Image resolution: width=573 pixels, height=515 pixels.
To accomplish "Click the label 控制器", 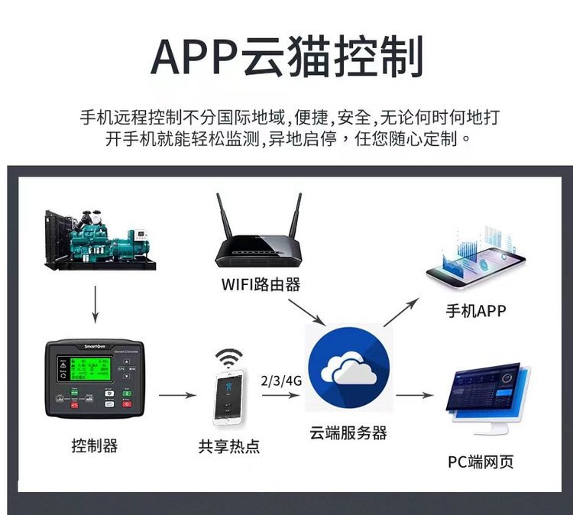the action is point(95,445).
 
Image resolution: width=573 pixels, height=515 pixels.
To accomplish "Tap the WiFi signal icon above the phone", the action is point(228,357).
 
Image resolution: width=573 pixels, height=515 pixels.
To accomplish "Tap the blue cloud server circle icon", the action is point(348,368).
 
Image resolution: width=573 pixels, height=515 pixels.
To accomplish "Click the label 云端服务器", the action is point(348,432).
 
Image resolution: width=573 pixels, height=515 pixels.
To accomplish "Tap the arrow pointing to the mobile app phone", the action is point(402,310).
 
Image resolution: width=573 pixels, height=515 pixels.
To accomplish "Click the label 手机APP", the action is point(476,311).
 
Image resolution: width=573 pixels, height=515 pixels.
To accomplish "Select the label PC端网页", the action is point(481,462).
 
